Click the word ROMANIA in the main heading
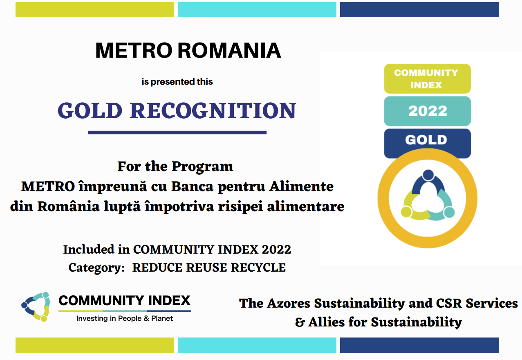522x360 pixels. (229, 50)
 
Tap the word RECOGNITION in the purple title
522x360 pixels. (213, 110)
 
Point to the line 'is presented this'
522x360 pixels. (177, 82)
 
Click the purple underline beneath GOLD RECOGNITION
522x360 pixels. (177, 133)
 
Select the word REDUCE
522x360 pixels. (157, 268)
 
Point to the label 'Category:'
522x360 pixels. (96, 268)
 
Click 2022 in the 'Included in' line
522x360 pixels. (276, 249)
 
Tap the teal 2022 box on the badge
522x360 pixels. (427, 111)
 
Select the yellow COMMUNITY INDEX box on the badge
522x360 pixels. (427, 79)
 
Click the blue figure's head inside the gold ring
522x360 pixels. (428, 175)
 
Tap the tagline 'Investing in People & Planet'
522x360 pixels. (125, 318)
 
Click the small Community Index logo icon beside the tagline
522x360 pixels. (36, 306)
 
